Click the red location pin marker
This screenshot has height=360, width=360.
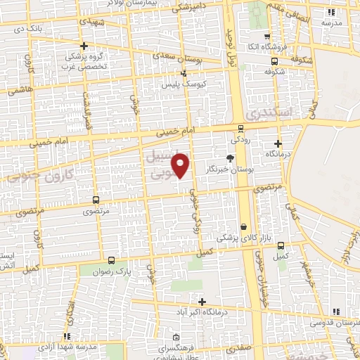point(181,165)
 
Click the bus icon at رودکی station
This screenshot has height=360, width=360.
point(241,129)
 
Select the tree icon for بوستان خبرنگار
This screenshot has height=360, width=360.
point(230,157)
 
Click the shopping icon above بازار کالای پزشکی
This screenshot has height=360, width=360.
point(243,227)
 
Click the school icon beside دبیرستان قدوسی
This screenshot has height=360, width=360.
point(335,311)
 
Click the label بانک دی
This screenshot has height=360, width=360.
point(39,29)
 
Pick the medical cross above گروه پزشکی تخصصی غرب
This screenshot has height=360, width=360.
point(83,46)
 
